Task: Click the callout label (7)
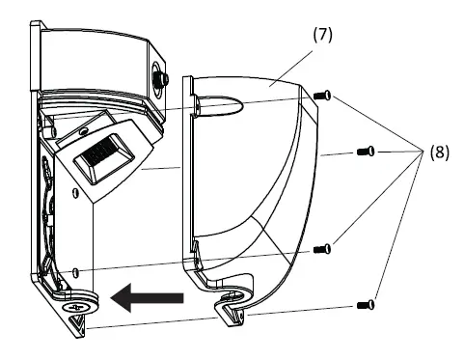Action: coord(323,33)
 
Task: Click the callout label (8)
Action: coord(439,152)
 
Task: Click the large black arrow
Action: coord(147,298)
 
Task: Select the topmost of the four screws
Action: coord(323,95)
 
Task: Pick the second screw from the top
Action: coord(365,152)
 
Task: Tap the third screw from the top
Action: coord(323,249)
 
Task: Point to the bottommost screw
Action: coord(365,305)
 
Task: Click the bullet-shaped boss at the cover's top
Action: coord(214,103)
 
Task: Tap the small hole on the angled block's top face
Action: coord(83,126)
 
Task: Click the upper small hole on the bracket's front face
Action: coord(75,189)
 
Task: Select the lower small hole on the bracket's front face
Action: coord(74,271)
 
